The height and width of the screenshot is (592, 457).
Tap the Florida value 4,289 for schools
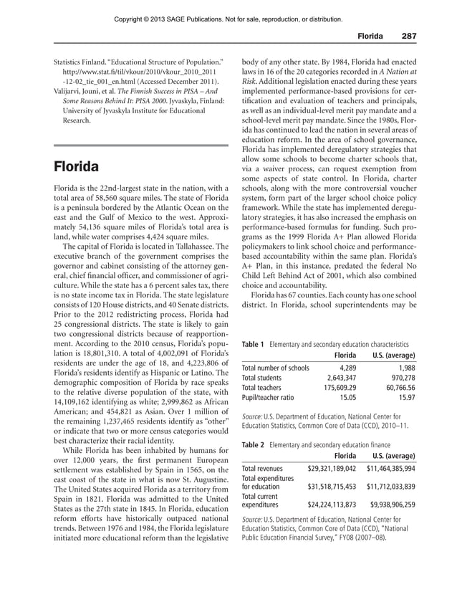[345, 368]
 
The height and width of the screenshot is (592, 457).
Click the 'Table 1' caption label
[253, 343]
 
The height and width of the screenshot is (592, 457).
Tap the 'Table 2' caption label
[253, 444]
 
